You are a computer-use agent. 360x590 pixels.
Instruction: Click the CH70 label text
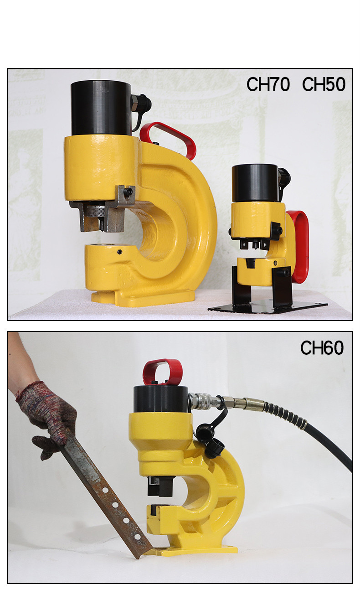click(268, 84)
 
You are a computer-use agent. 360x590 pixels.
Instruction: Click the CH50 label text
click(324, 84)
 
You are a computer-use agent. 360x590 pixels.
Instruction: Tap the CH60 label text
click(322, 348)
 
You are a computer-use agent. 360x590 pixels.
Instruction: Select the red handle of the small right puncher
click(299, 246)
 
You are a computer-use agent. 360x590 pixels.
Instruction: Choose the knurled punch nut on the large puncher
click(96, 211)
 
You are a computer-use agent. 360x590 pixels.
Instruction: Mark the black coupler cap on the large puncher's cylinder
click(143, 102)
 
